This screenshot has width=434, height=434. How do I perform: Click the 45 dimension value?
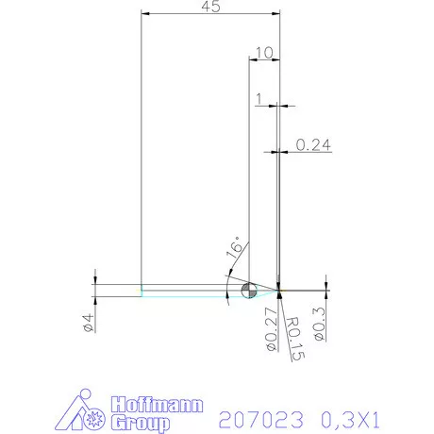pyautogui.click(x=210, y=8)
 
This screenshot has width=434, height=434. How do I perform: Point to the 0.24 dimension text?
pyautogui.click(x=313, y=144)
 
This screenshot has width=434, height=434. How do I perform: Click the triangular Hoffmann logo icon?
pyautogui.click(x=92, y=412)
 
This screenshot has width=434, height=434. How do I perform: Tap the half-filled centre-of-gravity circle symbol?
pyautogui.click(x=249, y=290)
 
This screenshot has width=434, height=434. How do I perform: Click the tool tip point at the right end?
pyautogui.click(x=280, y=290)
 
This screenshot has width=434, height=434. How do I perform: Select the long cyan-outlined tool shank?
pyautogui.click(x=189, y=290)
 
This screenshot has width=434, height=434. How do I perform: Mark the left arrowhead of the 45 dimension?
pyautogui.click(x=144, y=14)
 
